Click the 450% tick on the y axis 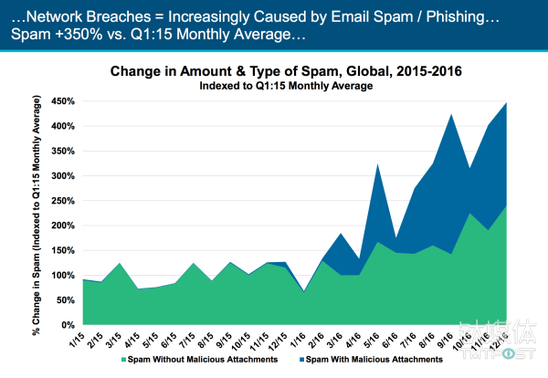pos(61,100)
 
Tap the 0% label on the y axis pos(67,324)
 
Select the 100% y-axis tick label pos(61,275)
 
